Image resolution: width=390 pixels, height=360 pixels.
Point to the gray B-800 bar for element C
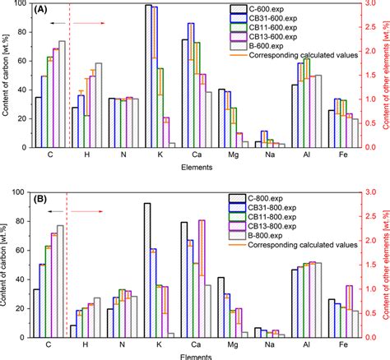[x=60, y=279]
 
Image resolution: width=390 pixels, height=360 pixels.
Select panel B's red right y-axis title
[x=383, y=263]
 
